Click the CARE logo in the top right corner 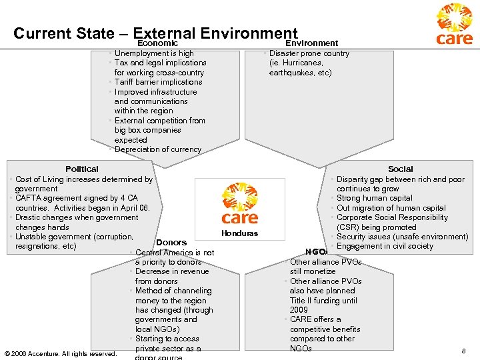[454, 25]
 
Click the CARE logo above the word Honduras [239, 205]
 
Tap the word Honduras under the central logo [239, 233]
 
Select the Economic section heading [157, 43]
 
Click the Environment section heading [316, 43]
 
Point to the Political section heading [82, 169]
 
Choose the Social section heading [400, 169]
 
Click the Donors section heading [171, 243]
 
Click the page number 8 [463, 351]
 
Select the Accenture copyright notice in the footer [60, 353]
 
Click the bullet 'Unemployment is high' [154, 53]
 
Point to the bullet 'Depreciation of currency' [157, 149]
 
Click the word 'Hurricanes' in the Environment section [307, 63]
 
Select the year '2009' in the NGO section [299, 310]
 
